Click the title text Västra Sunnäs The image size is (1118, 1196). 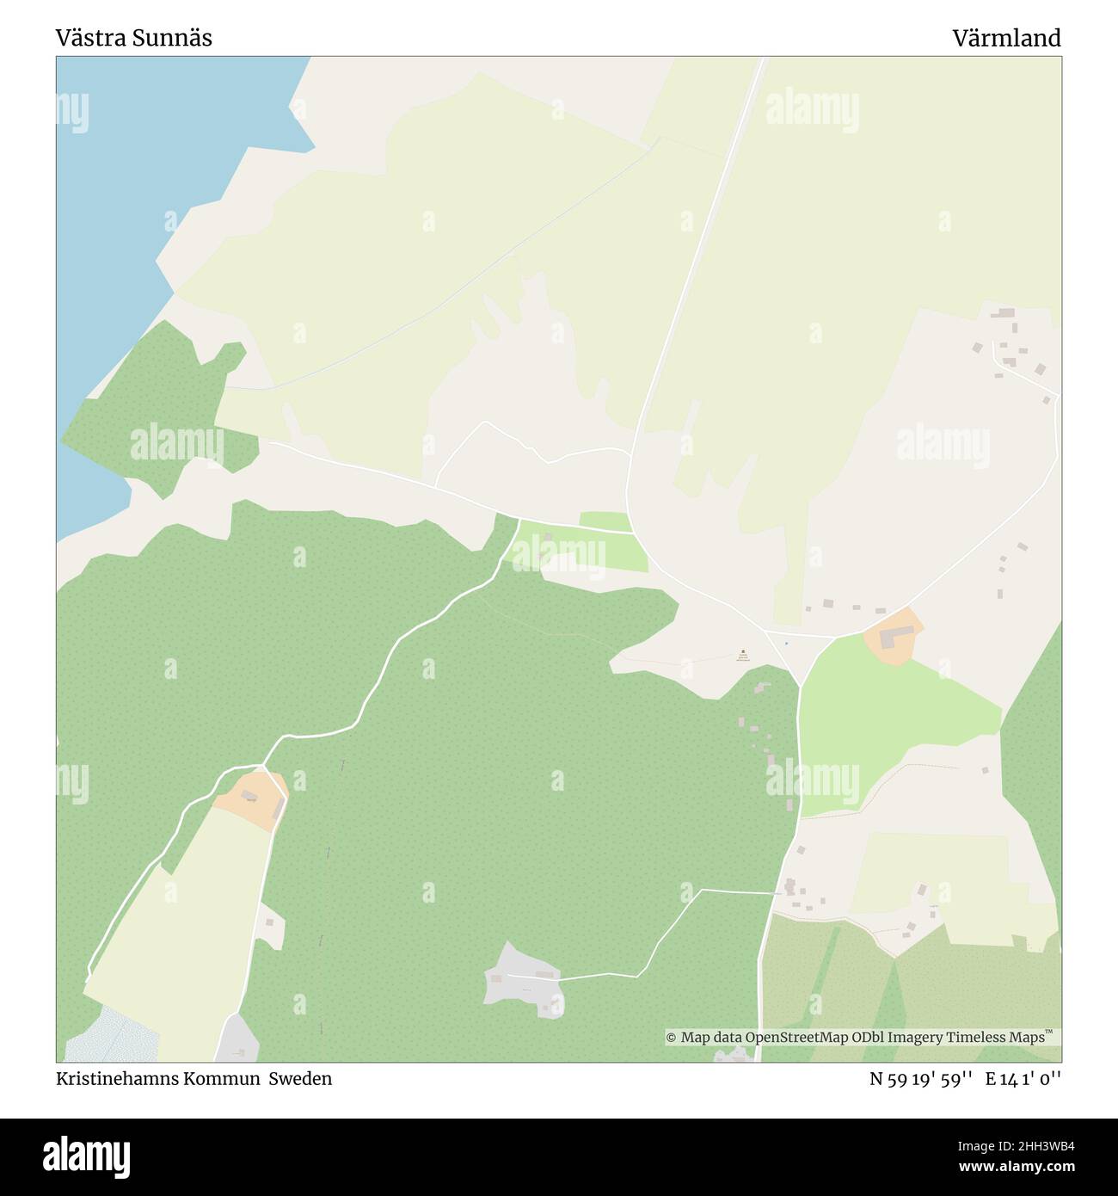(x=133, y=38)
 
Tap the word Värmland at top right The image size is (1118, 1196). (x=1006, y=38)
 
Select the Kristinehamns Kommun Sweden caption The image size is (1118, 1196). (x=193, y=1078)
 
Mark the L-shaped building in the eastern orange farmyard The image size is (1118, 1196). (x=894, y=636)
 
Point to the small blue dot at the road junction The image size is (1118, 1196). (x=786, y=643)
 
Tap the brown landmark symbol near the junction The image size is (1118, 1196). (x=743, y=651)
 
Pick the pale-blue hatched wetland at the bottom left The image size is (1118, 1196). (x=112, y=1037)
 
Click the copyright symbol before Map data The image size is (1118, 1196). (x=672, y=1038)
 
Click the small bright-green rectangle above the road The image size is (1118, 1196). (x=605, y=521)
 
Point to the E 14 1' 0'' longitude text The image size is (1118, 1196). (x=1023, y=1078)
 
